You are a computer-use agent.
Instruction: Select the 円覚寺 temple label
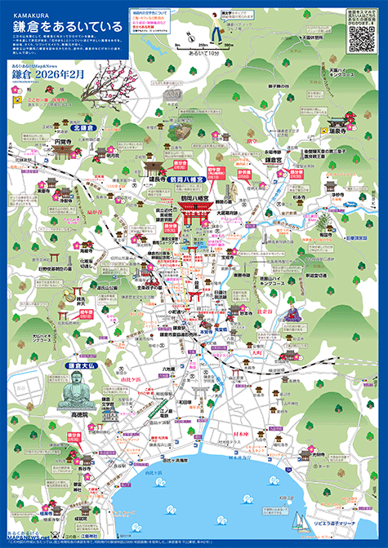pyautogui.click(x=65, y=140)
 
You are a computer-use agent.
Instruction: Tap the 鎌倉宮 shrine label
pyautogui.click(x=273, y=161)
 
